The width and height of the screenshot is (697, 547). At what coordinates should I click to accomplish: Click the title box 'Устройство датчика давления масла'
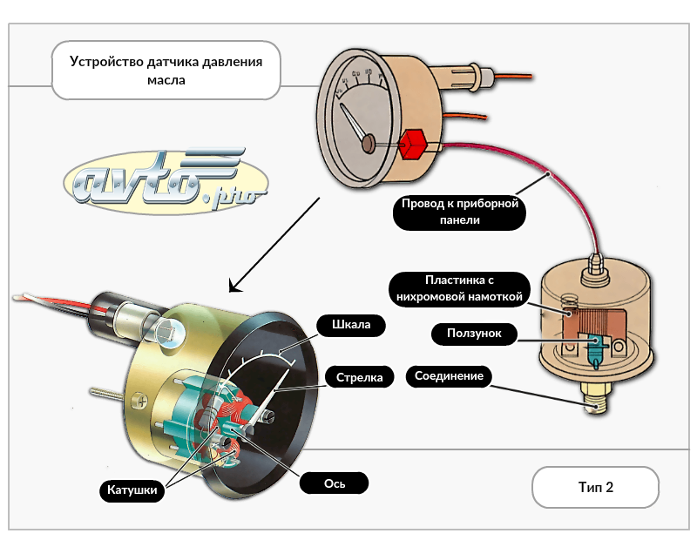166,71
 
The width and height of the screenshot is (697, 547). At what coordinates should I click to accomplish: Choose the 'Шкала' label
351,326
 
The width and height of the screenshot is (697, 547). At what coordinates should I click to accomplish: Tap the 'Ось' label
334,483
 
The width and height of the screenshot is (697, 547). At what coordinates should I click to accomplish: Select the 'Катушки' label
132,490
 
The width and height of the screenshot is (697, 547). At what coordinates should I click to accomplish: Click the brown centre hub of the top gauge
369,141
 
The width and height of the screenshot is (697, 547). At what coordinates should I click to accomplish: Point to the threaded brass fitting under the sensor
595,402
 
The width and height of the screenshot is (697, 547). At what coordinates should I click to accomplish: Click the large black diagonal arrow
274,245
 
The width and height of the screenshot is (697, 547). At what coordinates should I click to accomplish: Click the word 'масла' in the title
166,80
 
